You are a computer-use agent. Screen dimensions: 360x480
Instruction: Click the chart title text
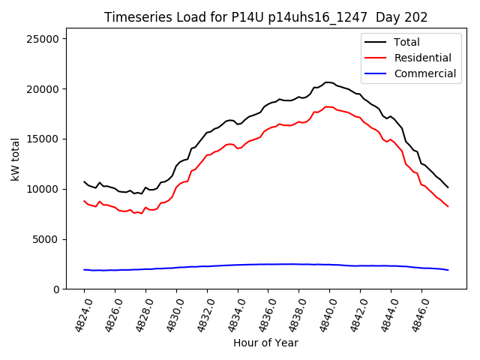[265, 17]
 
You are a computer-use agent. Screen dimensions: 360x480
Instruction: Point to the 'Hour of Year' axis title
[265, 343]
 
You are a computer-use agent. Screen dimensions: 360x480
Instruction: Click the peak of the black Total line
[327, 82]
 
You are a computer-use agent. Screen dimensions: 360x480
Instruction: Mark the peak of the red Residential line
[327, 106]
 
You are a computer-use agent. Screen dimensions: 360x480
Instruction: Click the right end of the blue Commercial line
[448, 270]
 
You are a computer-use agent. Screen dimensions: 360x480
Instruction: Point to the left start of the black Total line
[84, 181]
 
